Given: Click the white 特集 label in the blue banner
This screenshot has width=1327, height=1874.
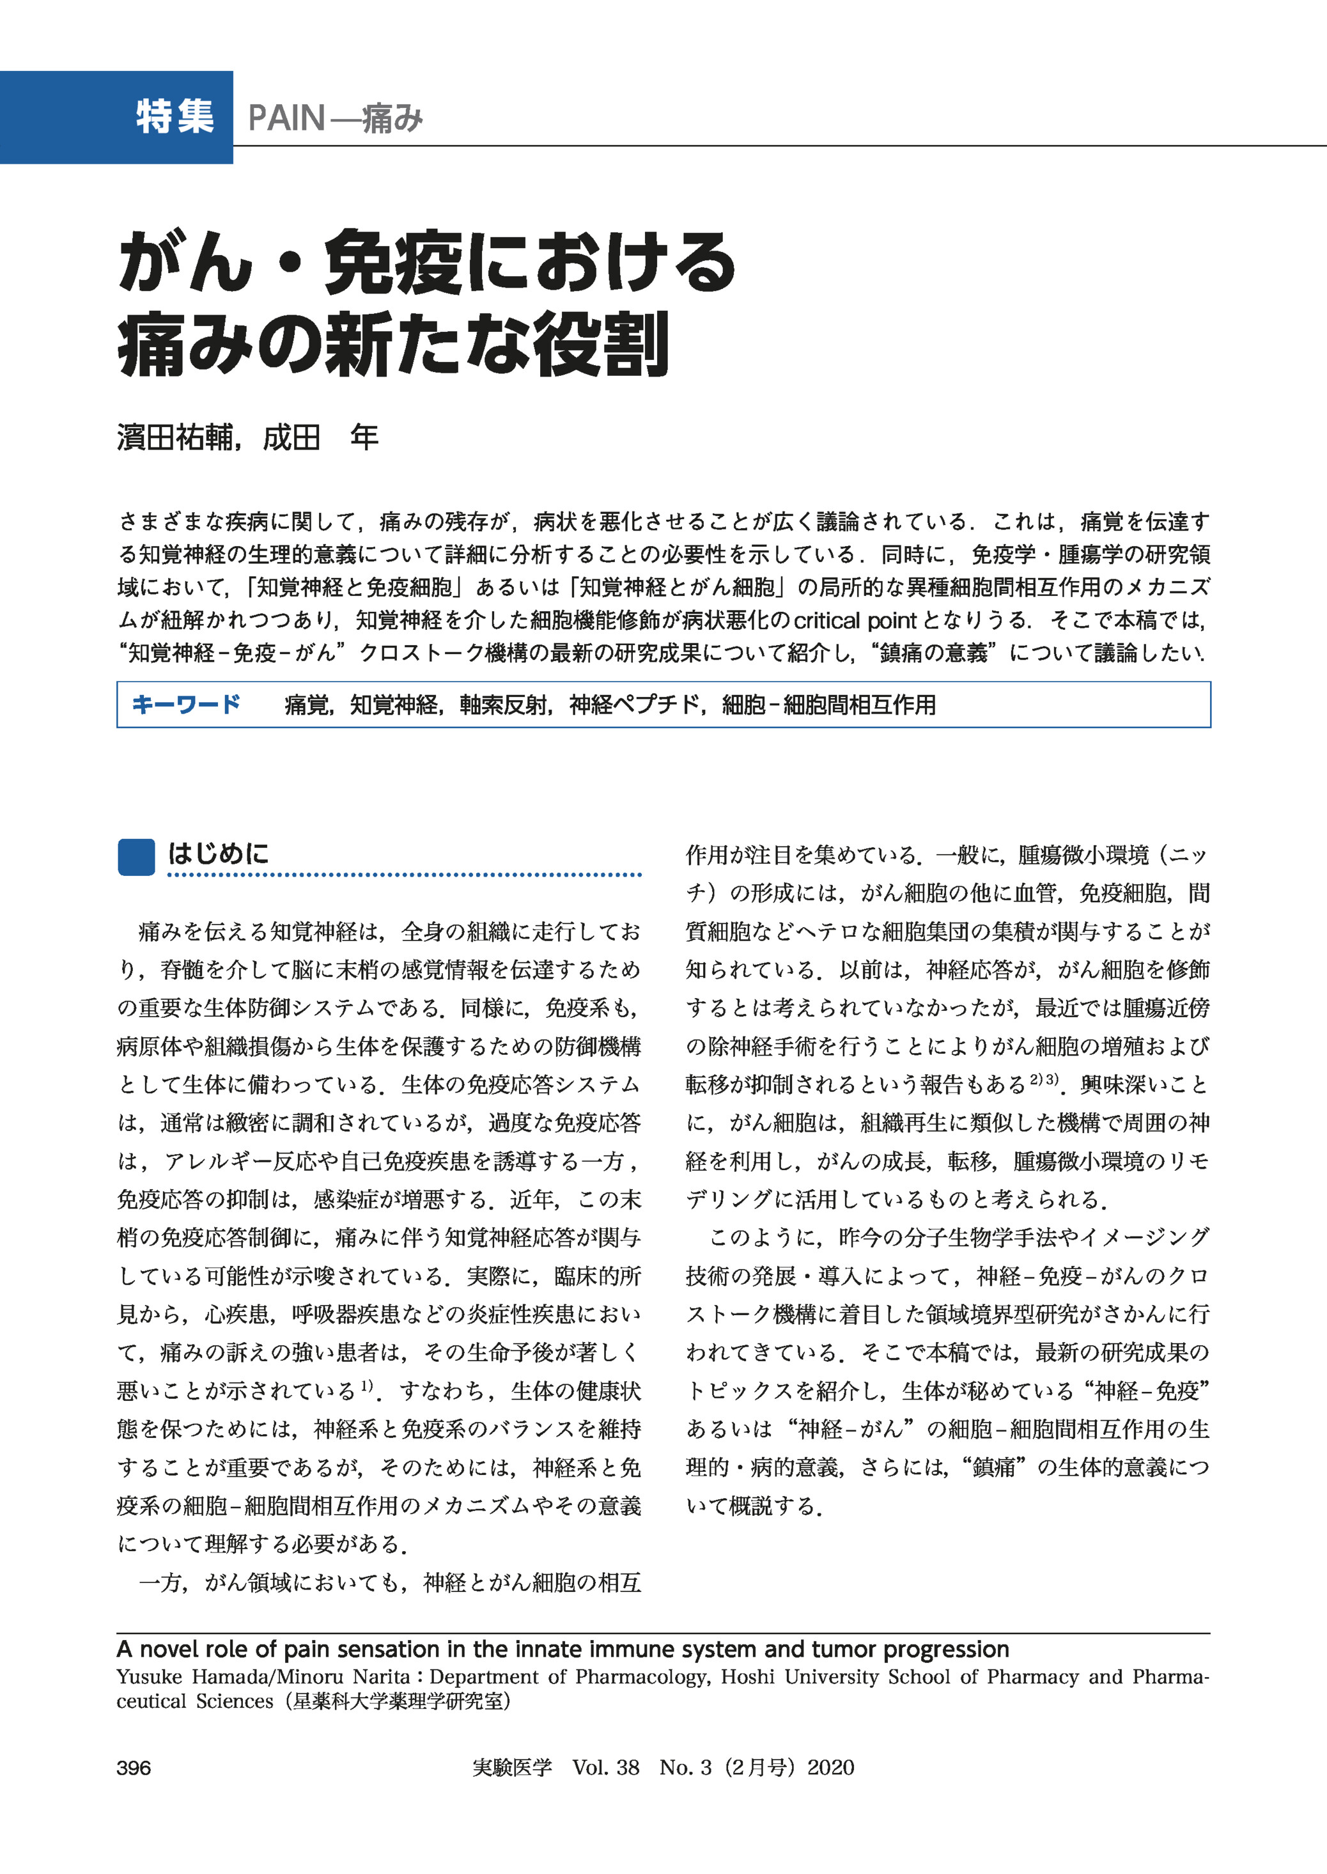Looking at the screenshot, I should (175, 117).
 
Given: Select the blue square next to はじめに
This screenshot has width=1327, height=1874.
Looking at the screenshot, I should (136, 857).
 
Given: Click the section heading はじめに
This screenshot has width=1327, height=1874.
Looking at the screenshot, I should (218, 854).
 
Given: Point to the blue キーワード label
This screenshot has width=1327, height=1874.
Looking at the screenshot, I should (185, 705).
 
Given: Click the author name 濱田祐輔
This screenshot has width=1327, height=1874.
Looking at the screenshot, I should (175, 438).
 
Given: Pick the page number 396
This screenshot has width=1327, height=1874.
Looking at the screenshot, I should (134, 1768).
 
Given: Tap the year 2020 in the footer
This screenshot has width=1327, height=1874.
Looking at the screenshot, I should (830, 1768).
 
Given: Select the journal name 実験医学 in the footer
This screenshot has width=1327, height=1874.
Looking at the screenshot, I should (513, 1768).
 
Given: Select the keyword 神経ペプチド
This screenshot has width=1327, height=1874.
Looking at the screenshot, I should (634, 705).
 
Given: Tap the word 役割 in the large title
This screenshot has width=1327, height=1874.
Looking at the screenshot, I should (601, 344).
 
